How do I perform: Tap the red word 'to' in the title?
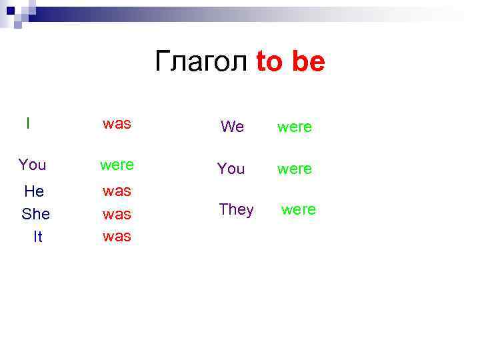(270, 62)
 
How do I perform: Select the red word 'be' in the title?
(308, 62)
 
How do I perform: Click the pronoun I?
(27, 123)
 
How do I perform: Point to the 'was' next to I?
(117, 123)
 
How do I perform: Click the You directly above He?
(33, 164)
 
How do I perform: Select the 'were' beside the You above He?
(117, 164)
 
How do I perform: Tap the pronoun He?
(34, 191)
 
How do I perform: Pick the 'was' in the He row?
(117, 191)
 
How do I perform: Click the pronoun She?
(36, 214)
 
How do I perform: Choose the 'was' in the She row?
(117, 215)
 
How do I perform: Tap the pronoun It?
(38, 237)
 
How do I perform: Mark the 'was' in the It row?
(117, 237)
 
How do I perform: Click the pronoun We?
(232, 127)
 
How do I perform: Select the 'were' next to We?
(294, 127)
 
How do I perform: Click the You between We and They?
(231, 169)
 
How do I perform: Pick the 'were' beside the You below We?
(294, 169)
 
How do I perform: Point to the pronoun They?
(236, 209)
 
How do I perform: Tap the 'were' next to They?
(298, 209)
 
